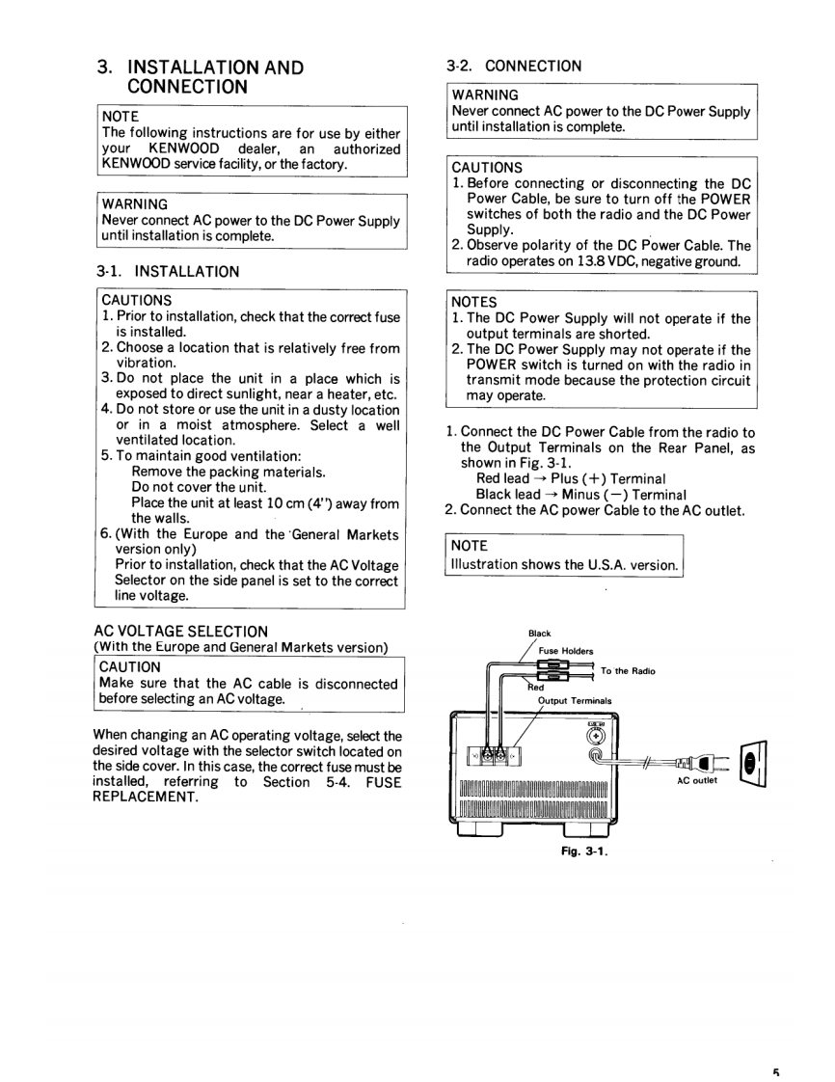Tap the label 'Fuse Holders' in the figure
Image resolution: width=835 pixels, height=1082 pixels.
point(566,651)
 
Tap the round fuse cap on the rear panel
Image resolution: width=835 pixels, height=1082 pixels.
point(596,736)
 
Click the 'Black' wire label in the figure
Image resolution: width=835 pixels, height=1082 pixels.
point(540,634)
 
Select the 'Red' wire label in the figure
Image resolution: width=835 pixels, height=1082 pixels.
point(535,688)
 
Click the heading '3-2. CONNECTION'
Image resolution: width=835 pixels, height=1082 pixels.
point(514,67)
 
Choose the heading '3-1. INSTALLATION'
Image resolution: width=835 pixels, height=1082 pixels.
point(168,272)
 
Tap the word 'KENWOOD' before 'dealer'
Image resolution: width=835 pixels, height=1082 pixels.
point(184,149)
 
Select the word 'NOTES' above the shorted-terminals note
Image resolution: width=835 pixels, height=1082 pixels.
point(474,303)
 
